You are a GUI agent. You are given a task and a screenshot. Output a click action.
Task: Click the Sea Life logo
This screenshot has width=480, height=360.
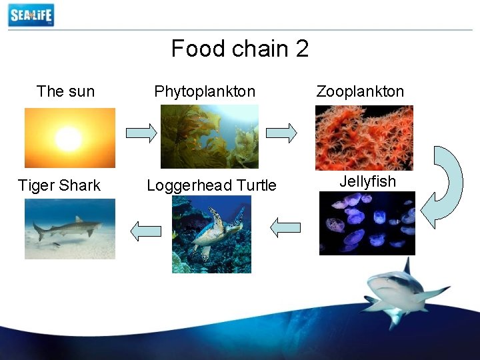31,15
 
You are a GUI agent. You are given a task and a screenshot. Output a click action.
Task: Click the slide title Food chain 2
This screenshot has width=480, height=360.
239,49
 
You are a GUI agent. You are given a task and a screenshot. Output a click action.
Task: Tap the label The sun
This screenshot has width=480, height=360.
65,91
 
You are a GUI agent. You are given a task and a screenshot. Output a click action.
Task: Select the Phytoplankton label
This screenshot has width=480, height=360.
205,91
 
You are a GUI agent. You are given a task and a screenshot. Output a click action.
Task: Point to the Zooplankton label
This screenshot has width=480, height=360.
360,91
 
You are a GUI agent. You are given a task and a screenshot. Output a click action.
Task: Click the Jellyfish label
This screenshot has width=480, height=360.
367,181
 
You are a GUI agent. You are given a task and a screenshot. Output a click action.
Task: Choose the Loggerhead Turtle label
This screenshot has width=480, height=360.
211,185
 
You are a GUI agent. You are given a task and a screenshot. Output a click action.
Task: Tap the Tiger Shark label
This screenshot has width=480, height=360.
59,185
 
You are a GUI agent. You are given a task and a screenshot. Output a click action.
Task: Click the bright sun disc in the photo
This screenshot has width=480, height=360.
68,139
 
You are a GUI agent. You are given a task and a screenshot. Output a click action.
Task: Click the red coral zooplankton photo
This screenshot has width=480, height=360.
364,137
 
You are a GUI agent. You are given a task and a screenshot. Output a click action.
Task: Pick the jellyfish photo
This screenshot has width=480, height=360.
367,223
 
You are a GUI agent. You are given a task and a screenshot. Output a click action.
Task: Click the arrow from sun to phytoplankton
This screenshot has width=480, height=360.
141,133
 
